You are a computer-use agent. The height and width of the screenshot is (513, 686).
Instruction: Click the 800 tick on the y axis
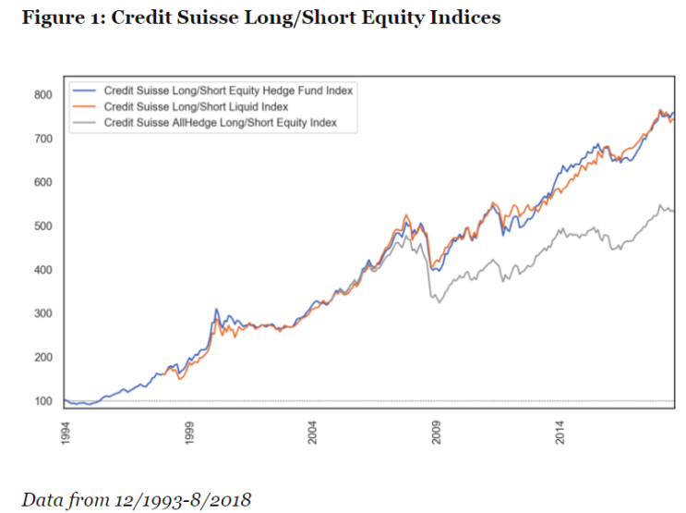44,94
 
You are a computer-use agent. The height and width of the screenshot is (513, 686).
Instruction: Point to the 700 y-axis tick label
44,139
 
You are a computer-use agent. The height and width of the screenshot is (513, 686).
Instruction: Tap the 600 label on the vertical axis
44,182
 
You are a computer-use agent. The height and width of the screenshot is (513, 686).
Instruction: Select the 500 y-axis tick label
44,226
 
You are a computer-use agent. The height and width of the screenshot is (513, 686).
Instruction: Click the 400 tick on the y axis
44,270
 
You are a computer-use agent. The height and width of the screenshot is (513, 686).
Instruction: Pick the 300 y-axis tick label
44,314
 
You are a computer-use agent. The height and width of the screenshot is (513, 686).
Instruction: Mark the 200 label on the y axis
44,358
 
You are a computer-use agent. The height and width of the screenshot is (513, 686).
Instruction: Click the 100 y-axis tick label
44,401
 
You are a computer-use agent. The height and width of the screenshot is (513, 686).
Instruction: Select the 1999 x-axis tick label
188,434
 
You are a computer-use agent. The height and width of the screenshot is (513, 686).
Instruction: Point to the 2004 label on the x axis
313,434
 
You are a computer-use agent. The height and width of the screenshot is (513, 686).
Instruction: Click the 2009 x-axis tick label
438,434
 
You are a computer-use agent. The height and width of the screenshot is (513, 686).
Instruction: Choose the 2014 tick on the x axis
561,434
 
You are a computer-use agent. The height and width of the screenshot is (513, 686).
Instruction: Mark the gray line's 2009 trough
439,302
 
